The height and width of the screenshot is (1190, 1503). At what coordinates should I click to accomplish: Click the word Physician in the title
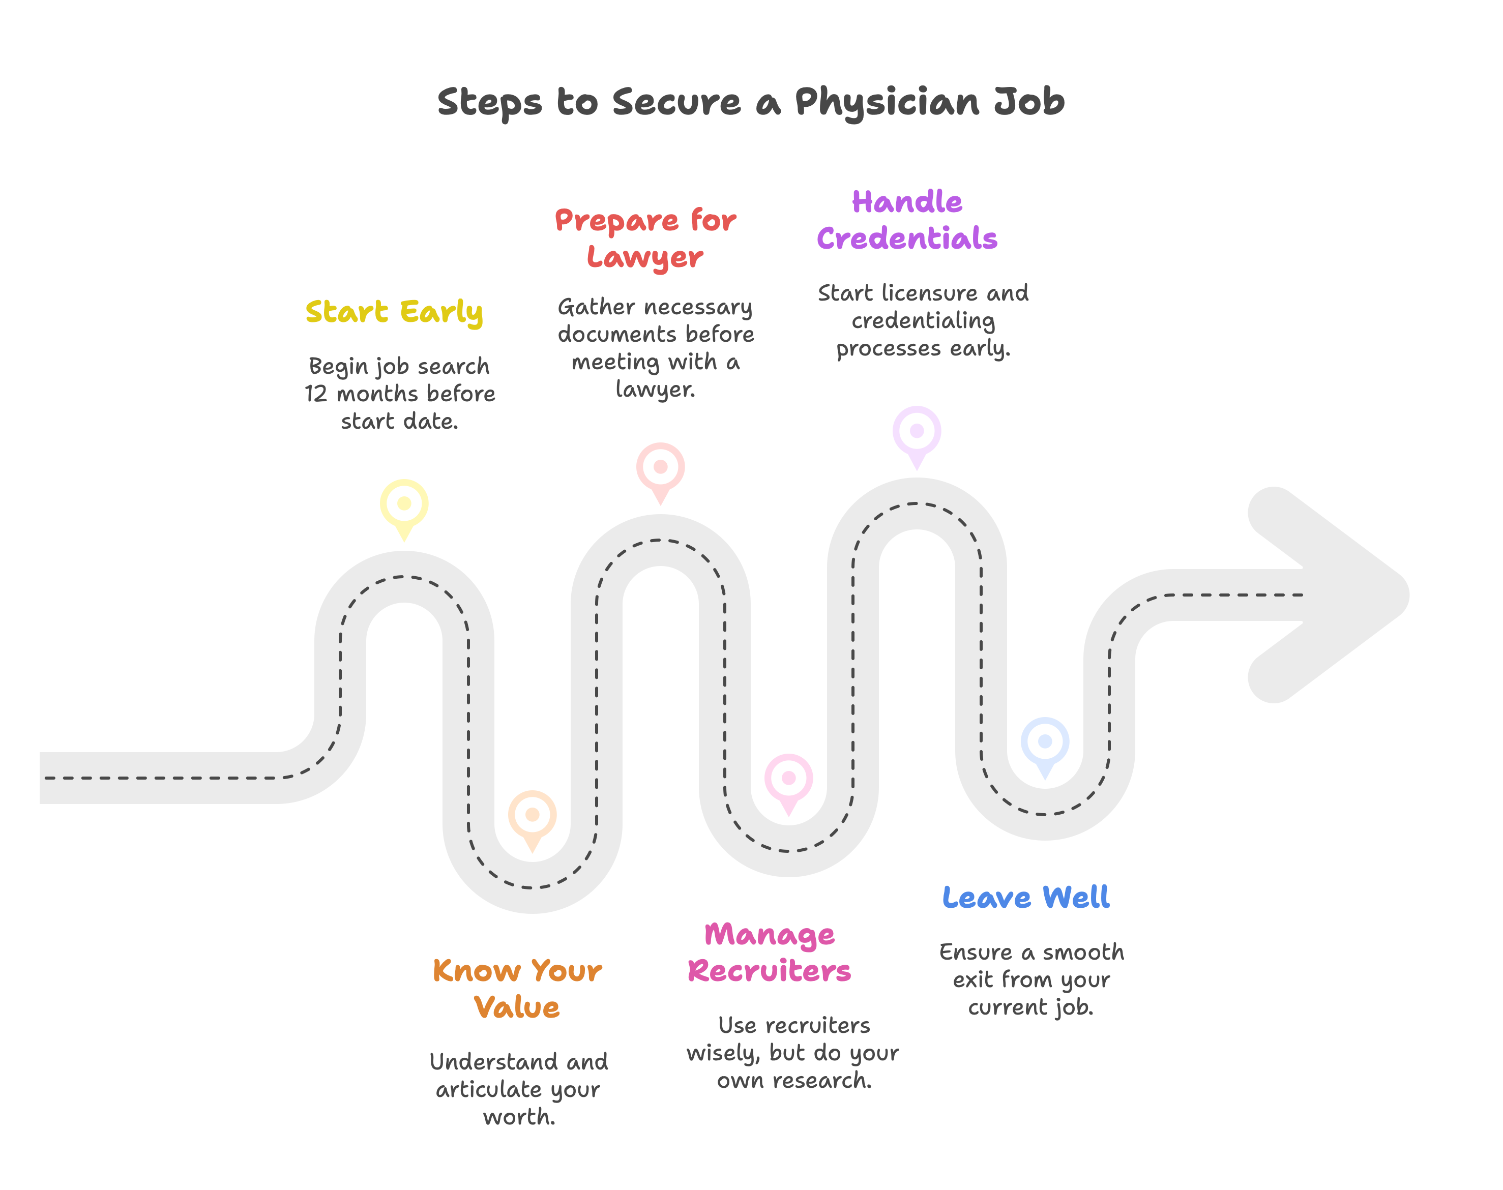coord(888,102)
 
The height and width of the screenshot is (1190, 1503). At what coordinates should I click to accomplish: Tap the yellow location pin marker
coord(404,504)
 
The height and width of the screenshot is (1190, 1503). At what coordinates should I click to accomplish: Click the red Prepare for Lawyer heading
coord(645,239)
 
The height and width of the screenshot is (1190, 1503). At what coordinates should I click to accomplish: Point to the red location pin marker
coord(660,467)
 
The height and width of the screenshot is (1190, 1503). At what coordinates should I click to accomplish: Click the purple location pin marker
coord(916,431)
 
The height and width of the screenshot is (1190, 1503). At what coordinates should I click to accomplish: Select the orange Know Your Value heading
coord(517,989)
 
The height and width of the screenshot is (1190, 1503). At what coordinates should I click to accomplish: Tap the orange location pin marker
coord(533,815)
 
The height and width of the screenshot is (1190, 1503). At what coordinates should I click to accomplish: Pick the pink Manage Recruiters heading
coord(769,953)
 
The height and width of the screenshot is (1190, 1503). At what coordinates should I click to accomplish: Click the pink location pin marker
coord(788,778)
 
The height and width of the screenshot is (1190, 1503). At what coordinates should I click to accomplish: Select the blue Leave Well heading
coord(1026,898)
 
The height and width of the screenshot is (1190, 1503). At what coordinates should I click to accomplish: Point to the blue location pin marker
coord(1045,741)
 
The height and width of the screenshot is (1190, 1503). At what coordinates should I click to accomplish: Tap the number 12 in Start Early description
coord(316,394)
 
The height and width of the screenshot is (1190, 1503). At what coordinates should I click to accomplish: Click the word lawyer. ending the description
coord(655,390)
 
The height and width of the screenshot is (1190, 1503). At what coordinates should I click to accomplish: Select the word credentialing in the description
coord(923,321)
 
